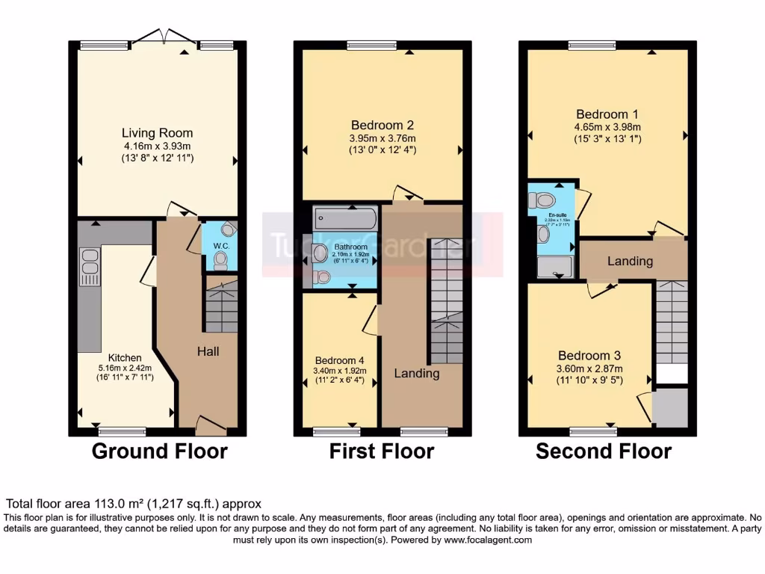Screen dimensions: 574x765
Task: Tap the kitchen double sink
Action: (90, 266)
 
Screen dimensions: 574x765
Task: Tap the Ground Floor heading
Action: (159, 451)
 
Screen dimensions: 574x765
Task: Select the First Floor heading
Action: (382, 451)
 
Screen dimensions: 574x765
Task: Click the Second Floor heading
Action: (604, 451)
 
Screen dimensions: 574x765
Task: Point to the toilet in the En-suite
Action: (542, 200)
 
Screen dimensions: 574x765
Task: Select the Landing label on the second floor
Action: (630, 262)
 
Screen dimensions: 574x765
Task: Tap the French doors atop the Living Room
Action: (161, 37)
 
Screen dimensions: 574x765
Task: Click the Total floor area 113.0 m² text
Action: (134, 504)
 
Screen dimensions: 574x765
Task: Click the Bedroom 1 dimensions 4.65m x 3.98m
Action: (607, 127)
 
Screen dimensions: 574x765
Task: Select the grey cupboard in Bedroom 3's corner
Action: (669, 407)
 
